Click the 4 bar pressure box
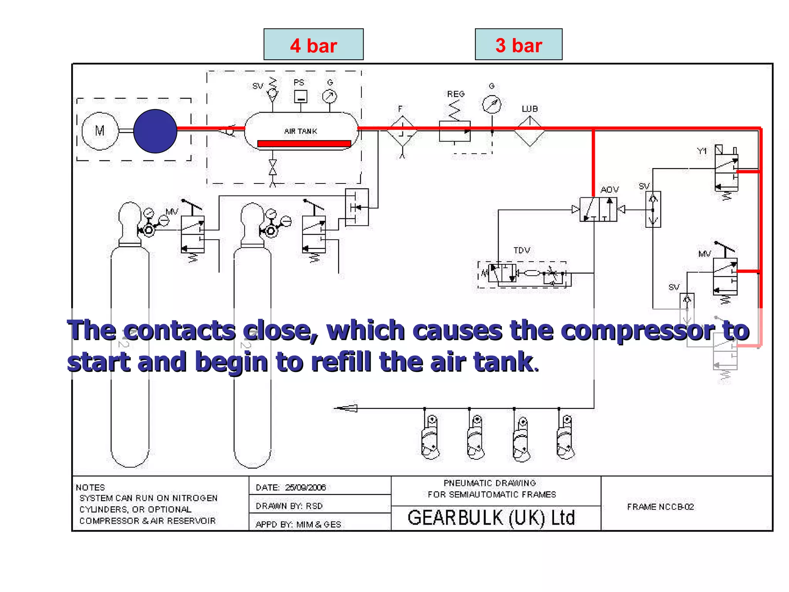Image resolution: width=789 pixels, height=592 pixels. pyautogui.click(x=313, y=44)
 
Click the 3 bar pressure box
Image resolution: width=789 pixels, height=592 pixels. pyautogui.click(x=518, y=44)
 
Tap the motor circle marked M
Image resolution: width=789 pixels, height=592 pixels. pyautogui.click(x=100, y=131)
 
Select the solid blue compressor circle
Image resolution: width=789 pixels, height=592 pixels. pyautogui.click(x=155, y=131)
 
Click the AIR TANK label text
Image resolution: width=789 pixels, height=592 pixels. pyautogui.click(x=300, y=131)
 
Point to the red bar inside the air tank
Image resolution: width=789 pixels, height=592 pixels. pyautogui.click(x=304, y=144)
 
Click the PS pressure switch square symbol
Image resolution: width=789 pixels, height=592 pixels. pyautogui.click(x=300, y=96)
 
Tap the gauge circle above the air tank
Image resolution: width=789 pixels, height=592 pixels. pyautogui.click(x=329, y=96)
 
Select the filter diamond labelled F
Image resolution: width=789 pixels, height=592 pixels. pyautogui.click(x=402, y=131)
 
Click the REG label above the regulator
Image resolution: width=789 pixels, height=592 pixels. pyautogui.click(x=456, y=94)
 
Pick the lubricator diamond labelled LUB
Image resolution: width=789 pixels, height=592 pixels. pyautogui.click(x=529, y=131)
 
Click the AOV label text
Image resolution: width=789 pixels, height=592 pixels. pyautogui.click(x=609, y=190)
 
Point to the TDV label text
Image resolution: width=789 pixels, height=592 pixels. pyautogui.click(x=522, y=251)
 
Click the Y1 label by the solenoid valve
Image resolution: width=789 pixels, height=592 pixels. pyautogui.click(x=702, y=151)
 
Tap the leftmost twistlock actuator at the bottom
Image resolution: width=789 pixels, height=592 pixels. pyautogui.click(x=430, y=437)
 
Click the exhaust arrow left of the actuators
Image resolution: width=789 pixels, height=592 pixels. pyautogui.click(x=347, y=408)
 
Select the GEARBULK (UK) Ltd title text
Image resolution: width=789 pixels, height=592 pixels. pyautogui.click(x=491, y=518)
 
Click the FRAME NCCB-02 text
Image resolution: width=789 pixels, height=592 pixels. pyautogui.click(x=660, y=507)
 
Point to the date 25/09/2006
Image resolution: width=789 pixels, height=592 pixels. pyautogui.click(x=306, y=488)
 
